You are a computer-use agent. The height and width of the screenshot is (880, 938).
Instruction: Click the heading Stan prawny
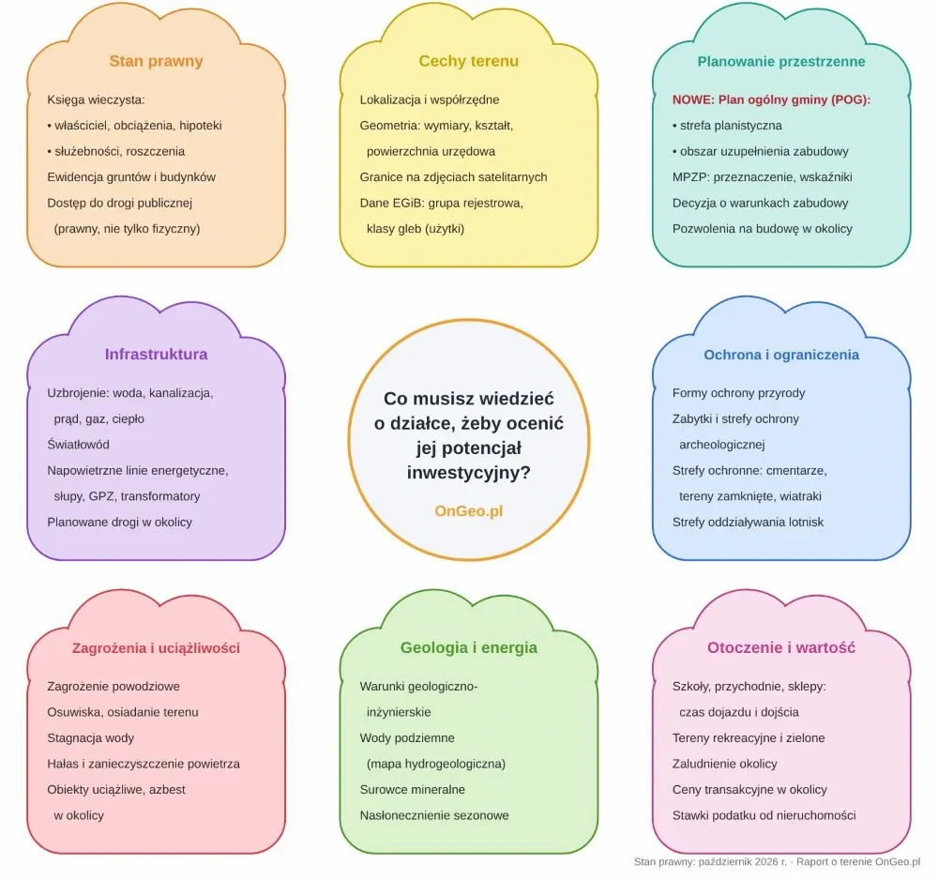tap(156, 61)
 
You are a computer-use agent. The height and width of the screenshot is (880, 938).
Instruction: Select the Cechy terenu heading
tap(468, 61)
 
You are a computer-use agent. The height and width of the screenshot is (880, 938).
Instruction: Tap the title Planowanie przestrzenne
tap(781, 62)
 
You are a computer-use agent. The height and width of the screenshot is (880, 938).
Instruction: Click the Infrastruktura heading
tap(156, 354)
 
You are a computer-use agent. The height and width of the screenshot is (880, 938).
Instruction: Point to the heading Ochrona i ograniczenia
tap(781, 355)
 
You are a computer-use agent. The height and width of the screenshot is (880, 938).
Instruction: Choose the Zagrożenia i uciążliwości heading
tap(156, 648)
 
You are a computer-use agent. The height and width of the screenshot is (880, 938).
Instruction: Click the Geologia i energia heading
tap(469, 648)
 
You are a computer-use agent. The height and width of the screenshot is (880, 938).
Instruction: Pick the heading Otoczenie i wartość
tap(781, 648)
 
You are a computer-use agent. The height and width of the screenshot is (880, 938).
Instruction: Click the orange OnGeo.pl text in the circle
tap(469, 511)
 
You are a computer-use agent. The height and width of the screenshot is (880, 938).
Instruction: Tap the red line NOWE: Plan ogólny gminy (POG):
tap(771, 99)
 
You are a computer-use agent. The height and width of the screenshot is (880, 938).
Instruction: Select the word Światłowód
tap(79, 445)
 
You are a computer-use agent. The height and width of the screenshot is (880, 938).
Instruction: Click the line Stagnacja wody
tap(91, 738)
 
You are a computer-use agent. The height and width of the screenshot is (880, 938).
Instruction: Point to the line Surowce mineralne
tap(412, 790)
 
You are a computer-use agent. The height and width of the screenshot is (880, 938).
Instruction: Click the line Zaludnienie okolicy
tap(724, 764)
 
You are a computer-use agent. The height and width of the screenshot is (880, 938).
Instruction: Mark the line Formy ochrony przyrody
tap(739, 393)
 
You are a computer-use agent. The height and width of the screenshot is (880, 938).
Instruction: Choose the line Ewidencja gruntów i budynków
tap(131, 177)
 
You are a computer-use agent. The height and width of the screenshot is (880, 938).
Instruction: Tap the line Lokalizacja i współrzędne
tap(430, 99)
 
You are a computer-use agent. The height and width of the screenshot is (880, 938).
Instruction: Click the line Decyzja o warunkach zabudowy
tap(761, 203)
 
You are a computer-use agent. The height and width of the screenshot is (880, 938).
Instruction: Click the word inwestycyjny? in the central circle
tap(469, 473)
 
